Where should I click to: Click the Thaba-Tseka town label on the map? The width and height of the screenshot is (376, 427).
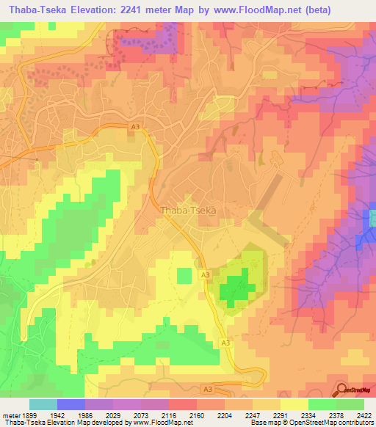187,210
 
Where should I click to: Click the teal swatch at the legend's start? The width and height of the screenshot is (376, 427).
43,404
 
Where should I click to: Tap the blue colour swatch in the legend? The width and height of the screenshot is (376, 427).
70,404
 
